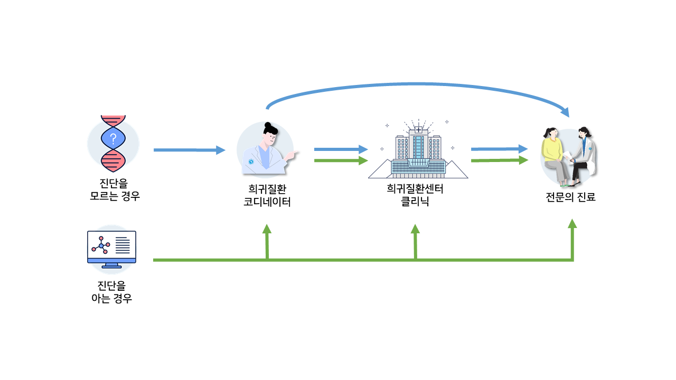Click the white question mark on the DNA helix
point(113,139)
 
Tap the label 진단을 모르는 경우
point(115,189)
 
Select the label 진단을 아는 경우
point(111,292)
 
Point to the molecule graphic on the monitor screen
point(101,245)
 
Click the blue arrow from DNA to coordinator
point(190,150)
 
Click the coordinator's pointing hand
point(291,155)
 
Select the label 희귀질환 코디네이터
point(267,195)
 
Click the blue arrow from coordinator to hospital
point(341,149)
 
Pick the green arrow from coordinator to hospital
point(341,160)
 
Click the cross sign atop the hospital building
point(419,130)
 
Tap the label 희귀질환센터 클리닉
point(415,195)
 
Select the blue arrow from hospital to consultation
point(500,149)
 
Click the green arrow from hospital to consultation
point(500,160)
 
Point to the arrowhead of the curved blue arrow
point(565,112)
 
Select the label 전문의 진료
point(570,197)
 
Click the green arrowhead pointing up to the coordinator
point(267,229)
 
